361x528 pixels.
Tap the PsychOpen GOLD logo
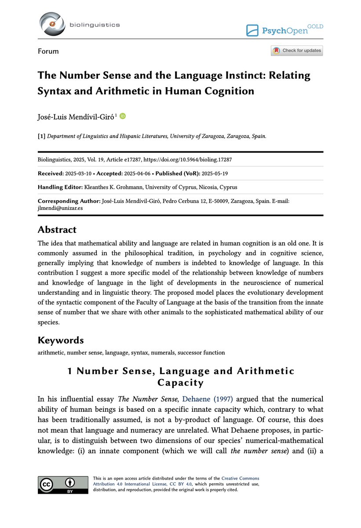(284, 30)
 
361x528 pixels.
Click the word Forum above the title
(48, 51)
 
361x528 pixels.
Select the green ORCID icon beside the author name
(123, 116)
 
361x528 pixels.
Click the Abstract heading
(57, 230)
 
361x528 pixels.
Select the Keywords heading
(61, 340)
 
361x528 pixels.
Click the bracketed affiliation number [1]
(42, 136)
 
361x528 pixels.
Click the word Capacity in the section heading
(180, 382)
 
